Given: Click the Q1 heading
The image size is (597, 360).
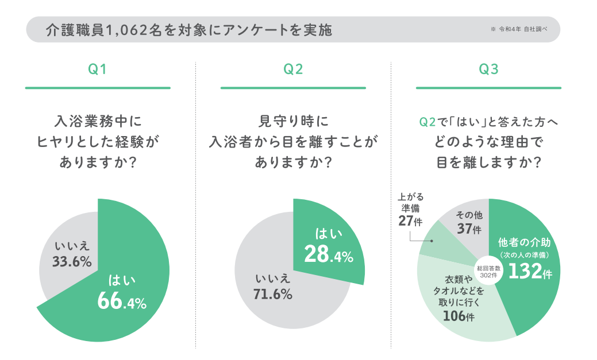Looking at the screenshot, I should [x=97, y=70].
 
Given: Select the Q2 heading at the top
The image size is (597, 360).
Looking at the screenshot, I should [x=293, y=70].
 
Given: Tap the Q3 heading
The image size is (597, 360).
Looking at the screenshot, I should [x=488, y=70].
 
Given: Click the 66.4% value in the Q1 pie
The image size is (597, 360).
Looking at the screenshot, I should [x=122, y=301].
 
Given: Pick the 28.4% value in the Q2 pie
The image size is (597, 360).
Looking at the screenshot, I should [x=328, y=255].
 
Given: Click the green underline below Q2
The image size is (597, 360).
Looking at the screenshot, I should [x=293, y=88].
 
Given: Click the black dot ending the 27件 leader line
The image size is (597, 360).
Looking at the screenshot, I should [x=430, y=242].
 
